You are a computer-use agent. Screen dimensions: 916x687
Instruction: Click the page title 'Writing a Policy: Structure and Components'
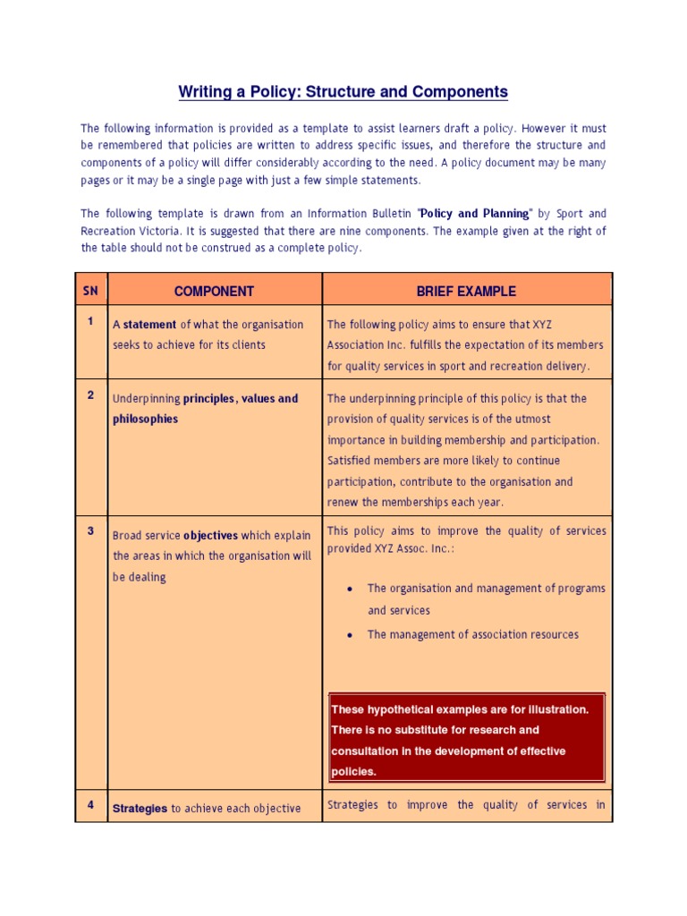coord(343,91)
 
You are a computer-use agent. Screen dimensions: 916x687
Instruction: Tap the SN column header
coord(91,291)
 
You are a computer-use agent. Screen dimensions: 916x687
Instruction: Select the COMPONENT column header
coord(214,291)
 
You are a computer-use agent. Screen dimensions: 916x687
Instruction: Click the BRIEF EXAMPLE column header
coord(466,291)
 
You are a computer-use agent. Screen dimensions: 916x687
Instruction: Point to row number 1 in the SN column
coord(91,321)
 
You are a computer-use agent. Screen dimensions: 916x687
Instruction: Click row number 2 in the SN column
coord(91,395)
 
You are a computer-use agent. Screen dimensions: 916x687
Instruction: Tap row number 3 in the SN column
coord(91,530)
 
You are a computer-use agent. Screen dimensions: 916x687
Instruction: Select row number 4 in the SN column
coord(91,805)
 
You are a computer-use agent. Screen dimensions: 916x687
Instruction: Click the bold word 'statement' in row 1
coord(149,325)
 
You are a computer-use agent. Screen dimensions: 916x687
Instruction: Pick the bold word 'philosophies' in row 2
coord(145,419)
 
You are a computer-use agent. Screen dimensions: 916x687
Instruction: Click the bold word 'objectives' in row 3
coord(211,536)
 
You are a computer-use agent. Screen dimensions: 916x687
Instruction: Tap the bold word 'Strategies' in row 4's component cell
coord(140,809)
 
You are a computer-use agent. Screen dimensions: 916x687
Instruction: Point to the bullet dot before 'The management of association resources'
coord(349,635)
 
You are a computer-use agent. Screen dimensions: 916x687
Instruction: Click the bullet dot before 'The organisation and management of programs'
coord(349,589)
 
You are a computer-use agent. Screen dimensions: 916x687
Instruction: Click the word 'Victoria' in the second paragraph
coord(158,231)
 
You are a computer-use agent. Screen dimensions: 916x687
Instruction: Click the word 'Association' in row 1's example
coord(358,345)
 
